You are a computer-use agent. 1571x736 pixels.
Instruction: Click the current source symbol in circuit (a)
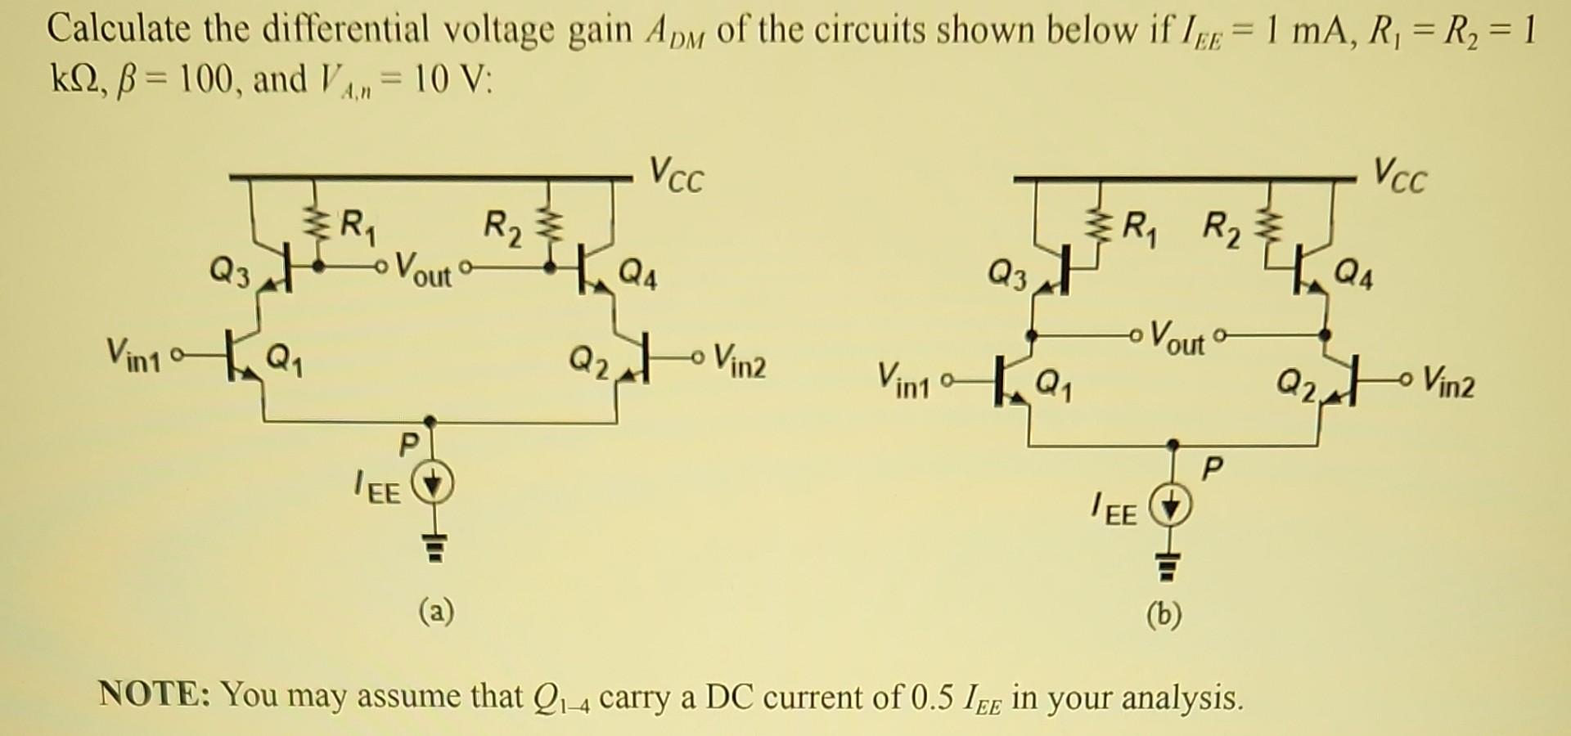434,486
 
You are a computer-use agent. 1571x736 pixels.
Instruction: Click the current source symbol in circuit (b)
1172,507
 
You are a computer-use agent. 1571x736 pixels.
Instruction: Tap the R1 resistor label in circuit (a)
358,225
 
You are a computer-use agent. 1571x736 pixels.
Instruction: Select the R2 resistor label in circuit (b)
1223,228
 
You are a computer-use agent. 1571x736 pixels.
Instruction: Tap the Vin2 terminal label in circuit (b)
1448,381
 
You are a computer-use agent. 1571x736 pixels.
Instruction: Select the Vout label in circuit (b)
1177,337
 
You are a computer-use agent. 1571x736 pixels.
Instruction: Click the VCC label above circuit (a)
676,175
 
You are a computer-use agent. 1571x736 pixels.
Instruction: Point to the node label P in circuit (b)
1214,469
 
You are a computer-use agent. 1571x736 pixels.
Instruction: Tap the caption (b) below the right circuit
1164,614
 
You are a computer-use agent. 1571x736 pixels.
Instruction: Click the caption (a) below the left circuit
436,610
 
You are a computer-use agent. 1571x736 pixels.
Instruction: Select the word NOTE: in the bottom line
155,694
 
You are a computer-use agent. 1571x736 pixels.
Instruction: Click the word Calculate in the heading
119,29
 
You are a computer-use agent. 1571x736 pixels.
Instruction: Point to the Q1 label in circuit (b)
1056,381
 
